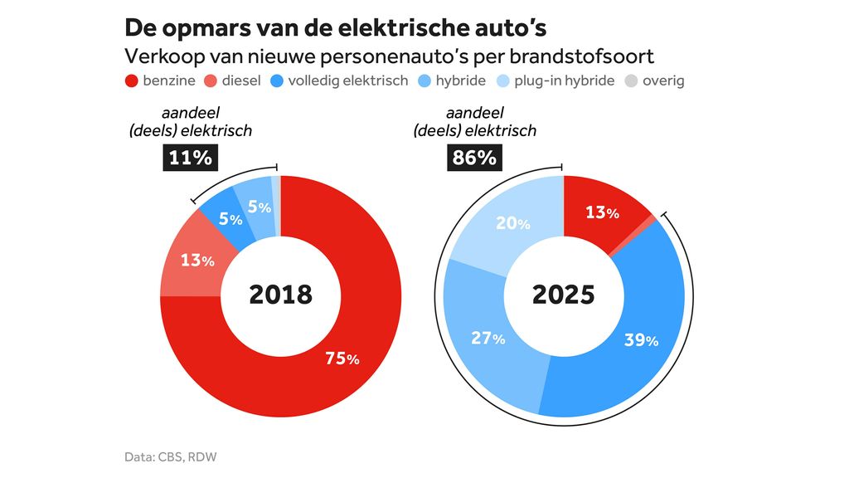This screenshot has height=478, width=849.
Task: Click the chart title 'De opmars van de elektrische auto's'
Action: point(335,27)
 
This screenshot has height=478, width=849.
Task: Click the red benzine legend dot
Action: point(131,80)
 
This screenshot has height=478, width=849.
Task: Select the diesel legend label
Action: point(241,80)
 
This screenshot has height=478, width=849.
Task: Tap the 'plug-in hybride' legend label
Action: point(564,80)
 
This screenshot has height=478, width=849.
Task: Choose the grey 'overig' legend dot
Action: point(632,80)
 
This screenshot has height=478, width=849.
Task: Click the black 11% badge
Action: point(191,157)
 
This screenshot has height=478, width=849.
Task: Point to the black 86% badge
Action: point(474,157)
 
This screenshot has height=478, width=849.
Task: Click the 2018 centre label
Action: point(280,294)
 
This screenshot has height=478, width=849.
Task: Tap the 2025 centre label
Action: point(563,294)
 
